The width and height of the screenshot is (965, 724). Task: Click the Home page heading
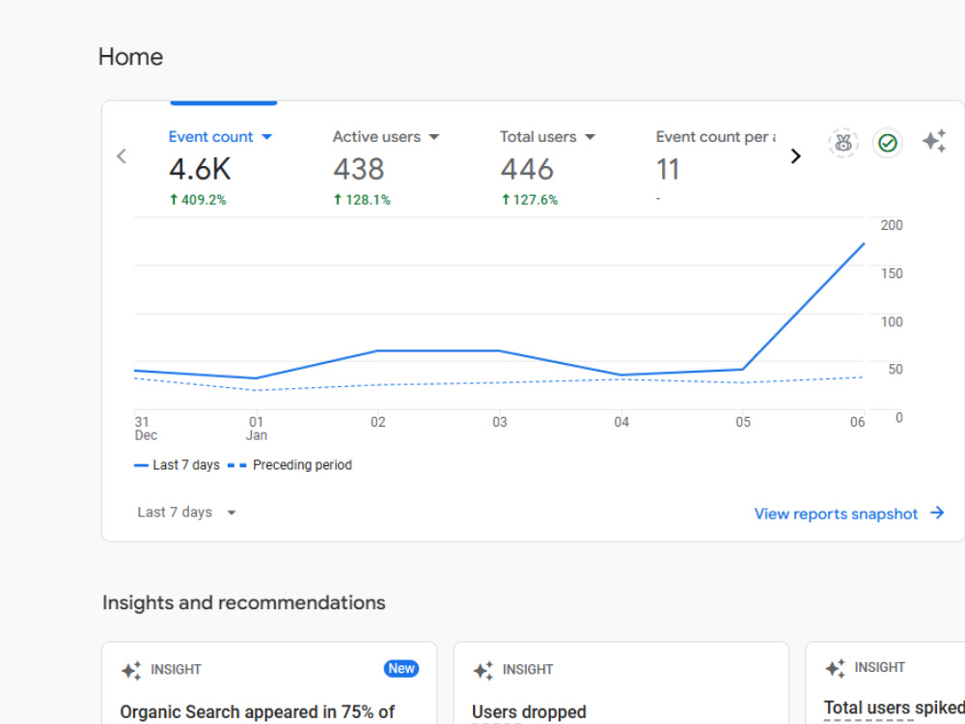[x=130, y=57]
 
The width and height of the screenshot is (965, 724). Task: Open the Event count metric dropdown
[x=266, y=137]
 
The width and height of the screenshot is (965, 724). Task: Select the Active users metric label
[x=376, y=137]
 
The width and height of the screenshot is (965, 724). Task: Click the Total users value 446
[x=527, y=169]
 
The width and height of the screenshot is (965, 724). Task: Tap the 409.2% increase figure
[x=198, y=200]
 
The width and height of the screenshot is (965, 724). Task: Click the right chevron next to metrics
[x=796, y=156]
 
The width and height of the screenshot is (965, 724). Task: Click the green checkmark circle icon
[x=888, y=144]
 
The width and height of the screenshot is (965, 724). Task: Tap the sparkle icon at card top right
[x=933, y=141]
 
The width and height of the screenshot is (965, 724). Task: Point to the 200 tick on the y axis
[x=891, y=225]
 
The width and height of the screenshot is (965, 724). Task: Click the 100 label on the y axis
[x=891, y=322]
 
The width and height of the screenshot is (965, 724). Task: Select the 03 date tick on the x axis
[x=500, y=423]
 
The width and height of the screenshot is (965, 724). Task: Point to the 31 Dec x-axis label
[x=146, y=429]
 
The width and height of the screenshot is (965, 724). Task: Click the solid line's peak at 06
[x=864, y=244]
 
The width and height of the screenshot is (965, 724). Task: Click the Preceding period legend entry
[x=289, y=465]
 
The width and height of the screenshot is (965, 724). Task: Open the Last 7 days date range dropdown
[x=186, y=513]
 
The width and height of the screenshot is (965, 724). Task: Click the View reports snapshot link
[x=848, y=514]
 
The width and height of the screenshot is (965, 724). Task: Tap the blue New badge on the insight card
[x=401, y=669]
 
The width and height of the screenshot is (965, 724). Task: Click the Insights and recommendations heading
[x=244, y=602]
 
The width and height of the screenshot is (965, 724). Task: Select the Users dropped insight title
[x=529, y=711]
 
